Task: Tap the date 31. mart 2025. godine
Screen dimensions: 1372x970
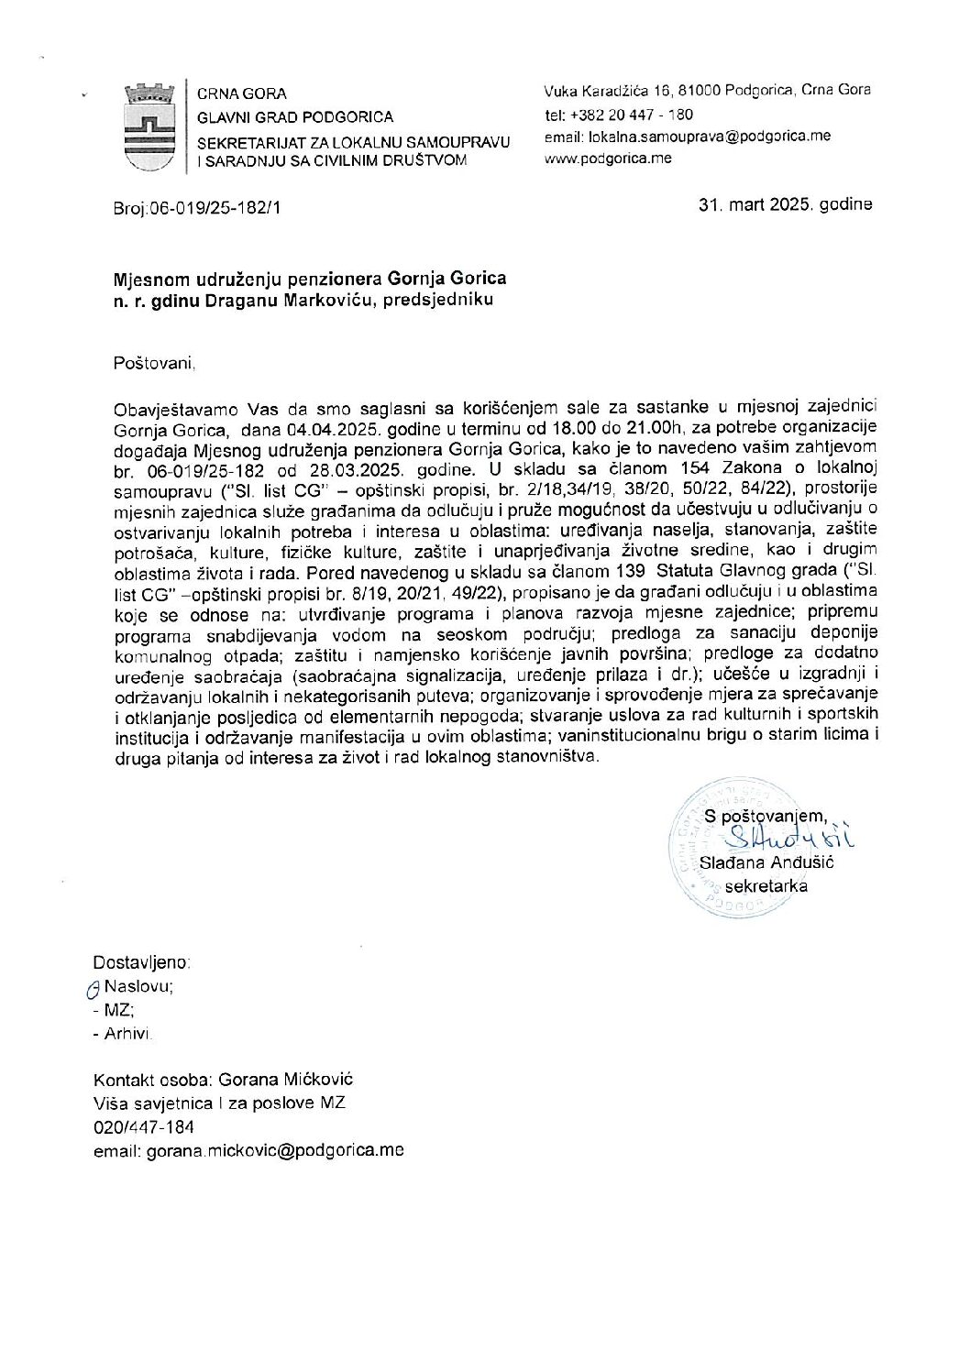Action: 785,204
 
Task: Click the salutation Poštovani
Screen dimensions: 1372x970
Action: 155,364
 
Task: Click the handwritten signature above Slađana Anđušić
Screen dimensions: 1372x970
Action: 786,836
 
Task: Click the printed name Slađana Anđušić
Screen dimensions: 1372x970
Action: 766,862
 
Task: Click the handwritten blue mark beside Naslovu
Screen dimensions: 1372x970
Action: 91,988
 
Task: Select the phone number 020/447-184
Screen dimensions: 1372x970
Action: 144,1127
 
